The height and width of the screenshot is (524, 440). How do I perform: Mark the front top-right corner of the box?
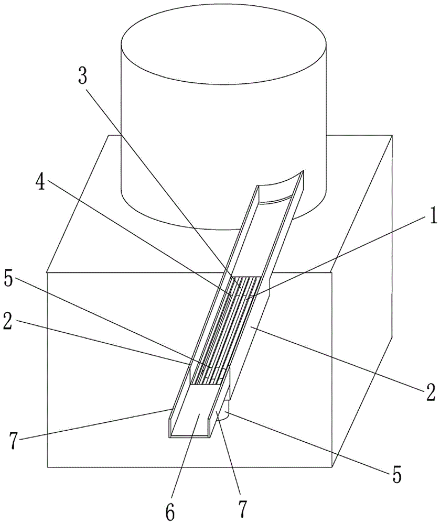[331, 272]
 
